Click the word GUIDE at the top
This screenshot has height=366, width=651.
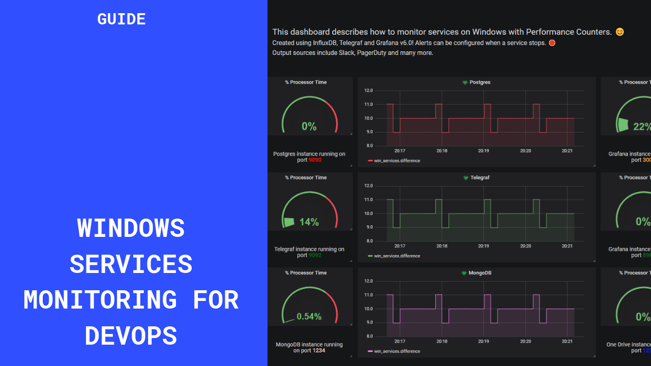[122, 19]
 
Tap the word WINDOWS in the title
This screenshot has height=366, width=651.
[131, 228]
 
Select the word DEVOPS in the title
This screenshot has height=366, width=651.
[131, 336]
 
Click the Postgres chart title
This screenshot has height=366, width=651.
[480, 82]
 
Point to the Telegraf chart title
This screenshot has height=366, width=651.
[480, 178]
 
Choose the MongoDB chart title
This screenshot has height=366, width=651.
[480, 273]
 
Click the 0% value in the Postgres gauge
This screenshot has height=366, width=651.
[309, 127]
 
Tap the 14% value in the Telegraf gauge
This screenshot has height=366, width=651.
[309, 222]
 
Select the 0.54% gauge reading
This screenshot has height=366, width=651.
[309, 317]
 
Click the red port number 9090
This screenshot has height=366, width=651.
[315, 160]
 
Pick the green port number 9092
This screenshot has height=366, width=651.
[315, 255]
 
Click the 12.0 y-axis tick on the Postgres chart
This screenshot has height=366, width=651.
[369, 90]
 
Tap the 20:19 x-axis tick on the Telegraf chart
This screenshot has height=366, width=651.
[483, 246]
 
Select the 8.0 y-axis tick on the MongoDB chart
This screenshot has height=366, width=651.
[369, 337]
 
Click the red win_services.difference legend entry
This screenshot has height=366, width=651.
[397, 161]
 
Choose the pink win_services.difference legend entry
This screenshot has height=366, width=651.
[397, 351]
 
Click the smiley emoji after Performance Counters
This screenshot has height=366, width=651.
[619, 32]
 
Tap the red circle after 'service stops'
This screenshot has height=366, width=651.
[552, 43]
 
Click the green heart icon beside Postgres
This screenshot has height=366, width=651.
[465, 82]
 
